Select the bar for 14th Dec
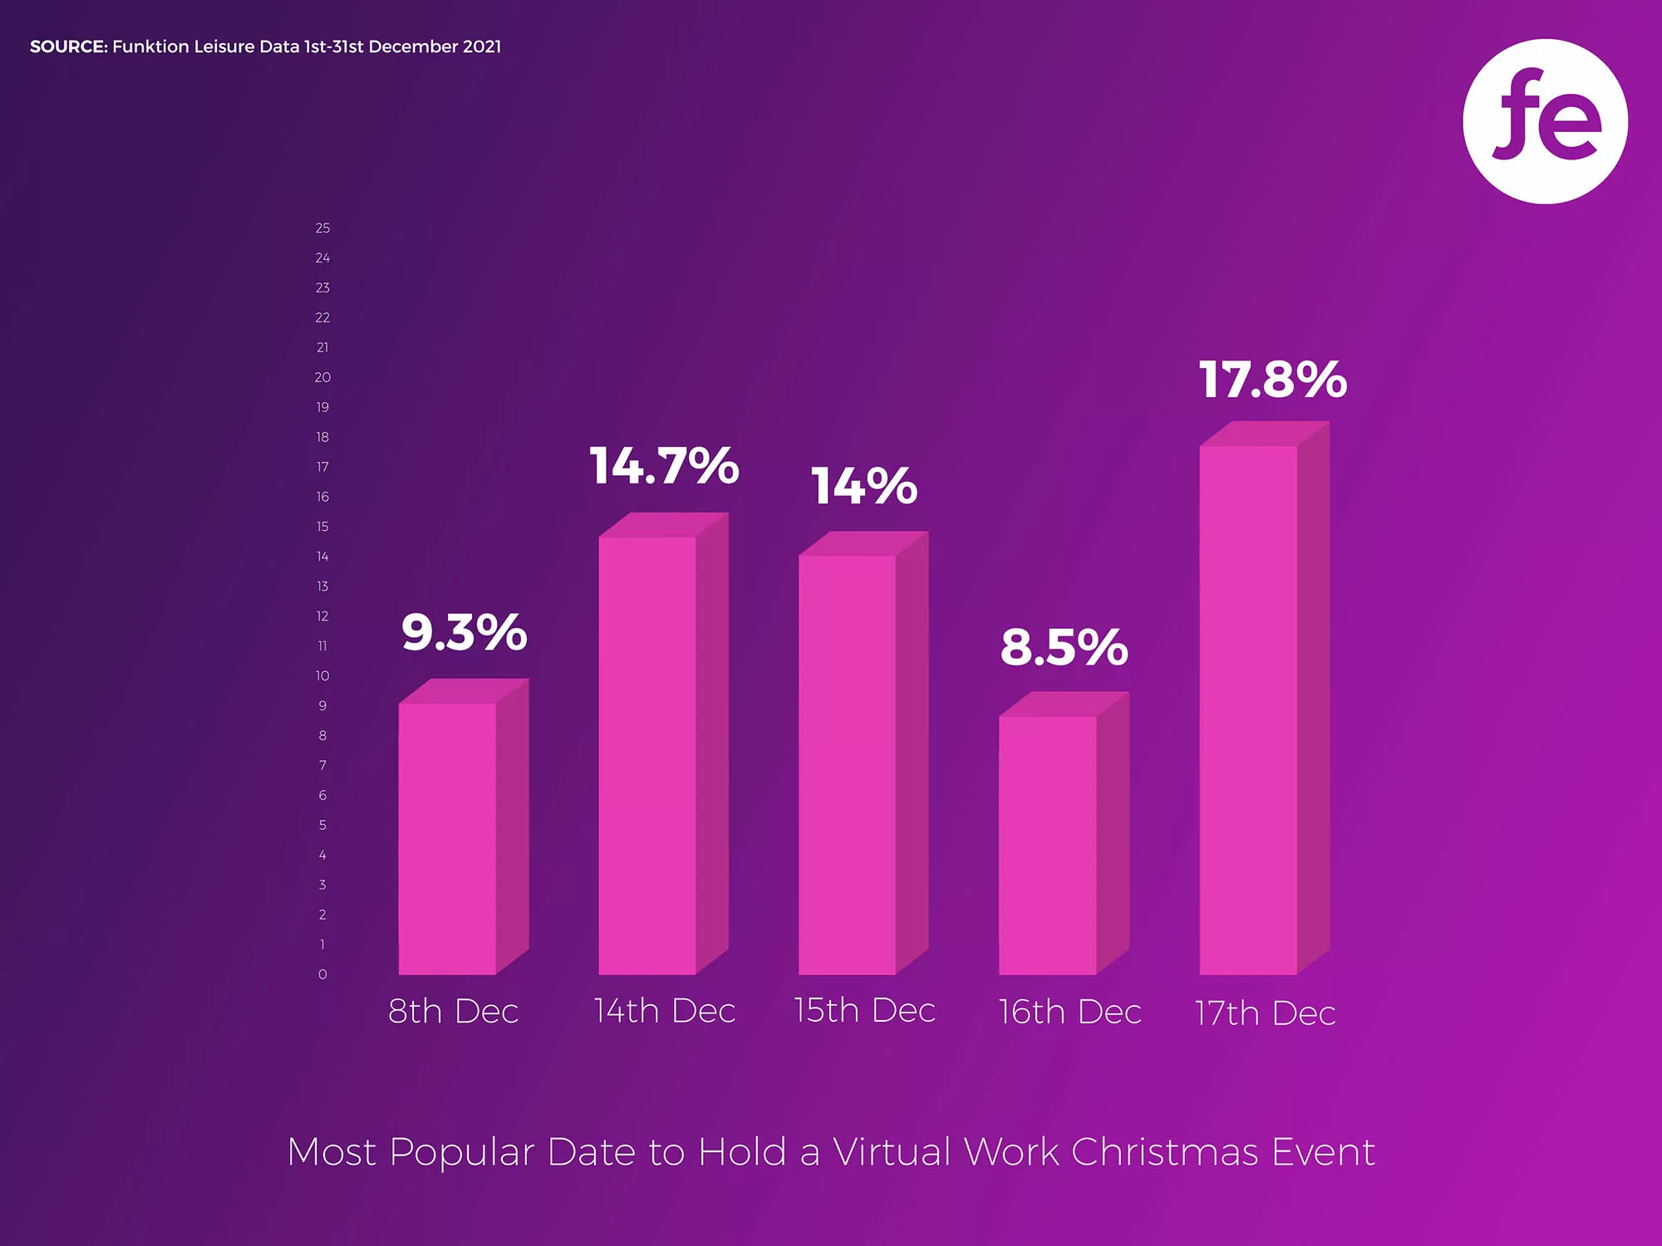(x=647, y=756)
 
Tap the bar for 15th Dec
(x=848, y=764)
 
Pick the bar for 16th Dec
(x=1048, y=846)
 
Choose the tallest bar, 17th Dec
(x=1248, y=710)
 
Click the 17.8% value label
(x=1272, y=380)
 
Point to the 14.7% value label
(x=664, y=465)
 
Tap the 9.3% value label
(x=464, y=632)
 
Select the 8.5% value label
(x=1064, y=647)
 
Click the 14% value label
(x=864, y=486)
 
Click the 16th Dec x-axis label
(x=1069, y=1012)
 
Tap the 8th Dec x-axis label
(x=453, y=1011)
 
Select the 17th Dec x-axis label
(x=1265, y=1013)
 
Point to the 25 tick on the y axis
(x=322, y=228)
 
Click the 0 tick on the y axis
(x=322, y=974)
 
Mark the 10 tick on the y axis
(x=322, y=676)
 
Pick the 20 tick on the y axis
(x=322, y=377)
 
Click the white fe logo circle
(x=1545, y=121)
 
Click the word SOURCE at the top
(x=68, y=47)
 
